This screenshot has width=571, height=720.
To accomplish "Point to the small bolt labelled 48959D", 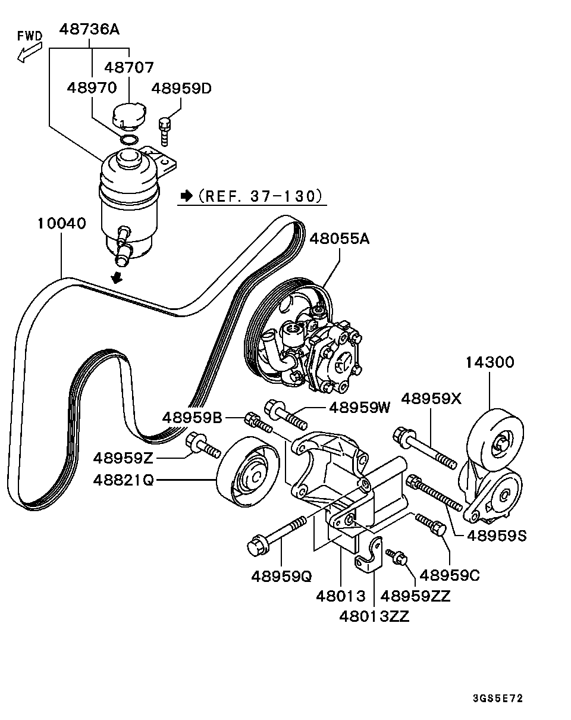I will pyautogui.click(x=165, y=130).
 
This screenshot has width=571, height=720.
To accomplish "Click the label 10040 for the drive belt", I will pyautogui.click(x=61, y=224).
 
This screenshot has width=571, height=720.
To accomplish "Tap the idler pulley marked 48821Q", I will pyautogui.click(x=247, y=473).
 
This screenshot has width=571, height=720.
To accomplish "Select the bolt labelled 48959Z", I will pyautogui.click(x=203, y=445).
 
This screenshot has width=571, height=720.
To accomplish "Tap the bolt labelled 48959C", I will pyautogui.click(x=431, y=524).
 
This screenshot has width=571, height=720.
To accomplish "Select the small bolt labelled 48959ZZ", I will pyautogui.click(x=397, y=557).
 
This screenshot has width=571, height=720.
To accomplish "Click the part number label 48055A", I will pyautogui.click(x=339, y=239).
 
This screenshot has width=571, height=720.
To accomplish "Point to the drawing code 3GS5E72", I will pyautogui.click(x=498, y=699).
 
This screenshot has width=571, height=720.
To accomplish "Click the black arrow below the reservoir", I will pyautogui.click(x=118, y=277).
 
